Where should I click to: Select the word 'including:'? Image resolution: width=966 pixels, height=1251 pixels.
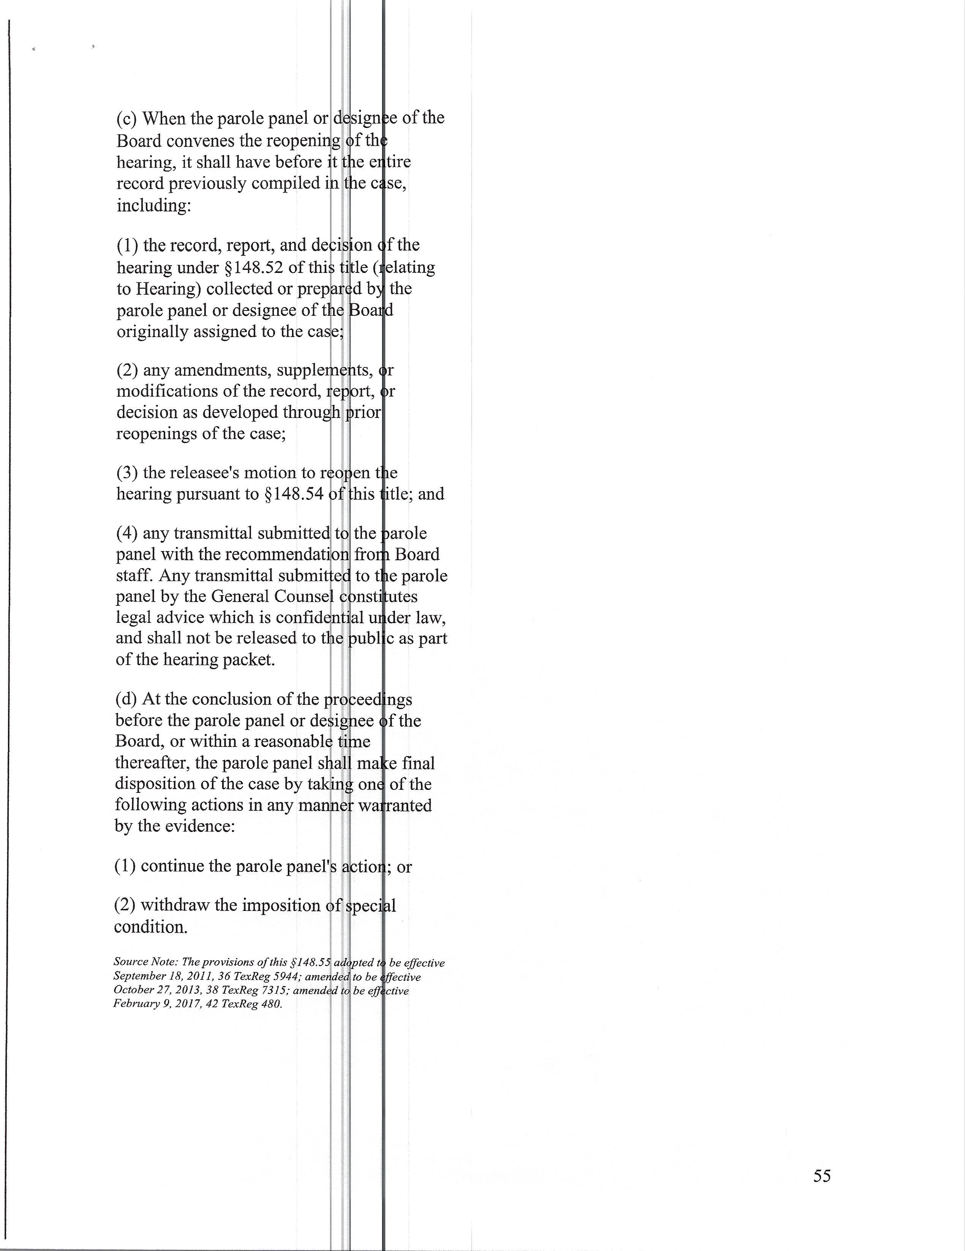click(153, 205)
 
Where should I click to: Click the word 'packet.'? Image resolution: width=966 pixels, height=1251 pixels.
click(249, 660)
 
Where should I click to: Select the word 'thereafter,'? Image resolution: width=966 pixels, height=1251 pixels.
click(152, 763)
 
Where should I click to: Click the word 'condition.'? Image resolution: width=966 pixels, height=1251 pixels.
click(150, 927)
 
